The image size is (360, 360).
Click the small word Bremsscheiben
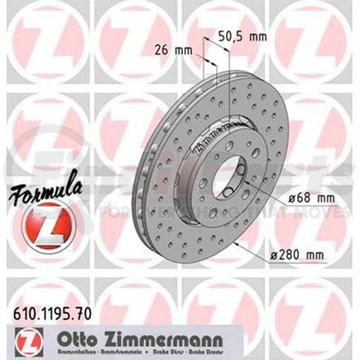pyautogui.click(x=89, y=347)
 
